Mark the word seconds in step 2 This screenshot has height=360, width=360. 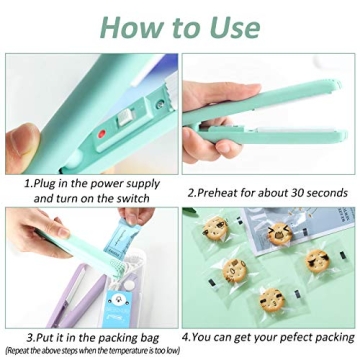tap(323, 192)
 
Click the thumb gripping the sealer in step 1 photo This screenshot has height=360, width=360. tap(22, 140)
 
